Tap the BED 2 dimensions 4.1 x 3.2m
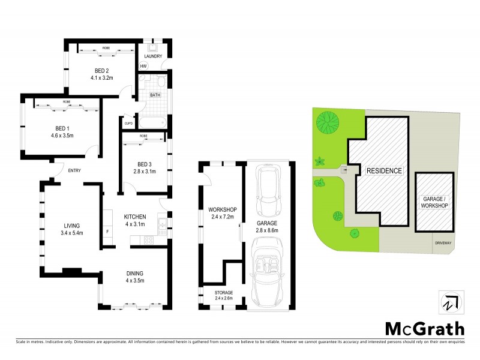pyautogui.click(x=102, y=77)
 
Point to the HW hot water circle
pyautogui.click(x=143, y=66)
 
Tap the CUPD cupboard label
pyautogui.click(x=128, y=124)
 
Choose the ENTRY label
pyautogui.click(x=74, y=170)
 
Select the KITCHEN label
pyautogui.click(x=136, y=217)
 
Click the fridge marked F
pyautogui.click(x=107, y=231)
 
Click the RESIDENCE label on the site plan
pyautogui.click(x=384, y=170)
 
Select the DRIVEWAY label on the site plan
pyautogui.click(x=445, y=243)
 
